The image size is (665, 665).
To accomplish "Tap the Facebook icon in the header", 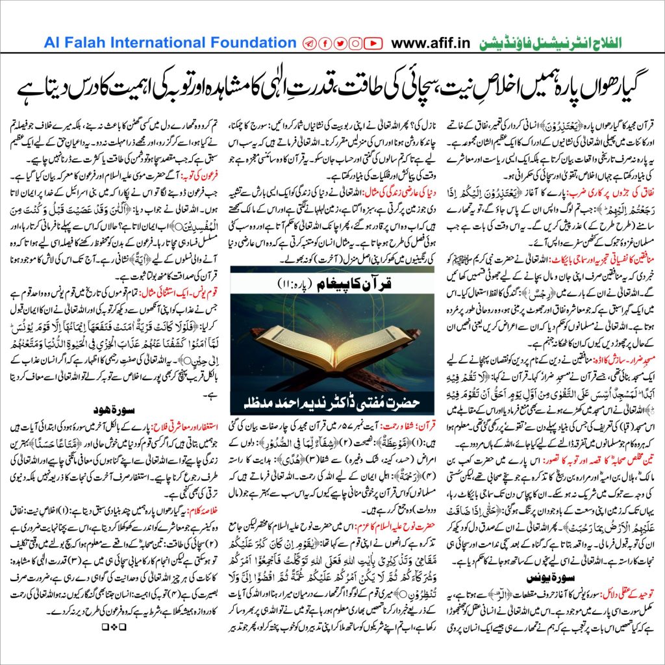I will tap(324, 44).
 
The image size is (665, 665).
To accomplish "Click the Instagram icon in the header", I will tap(355, 44).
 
